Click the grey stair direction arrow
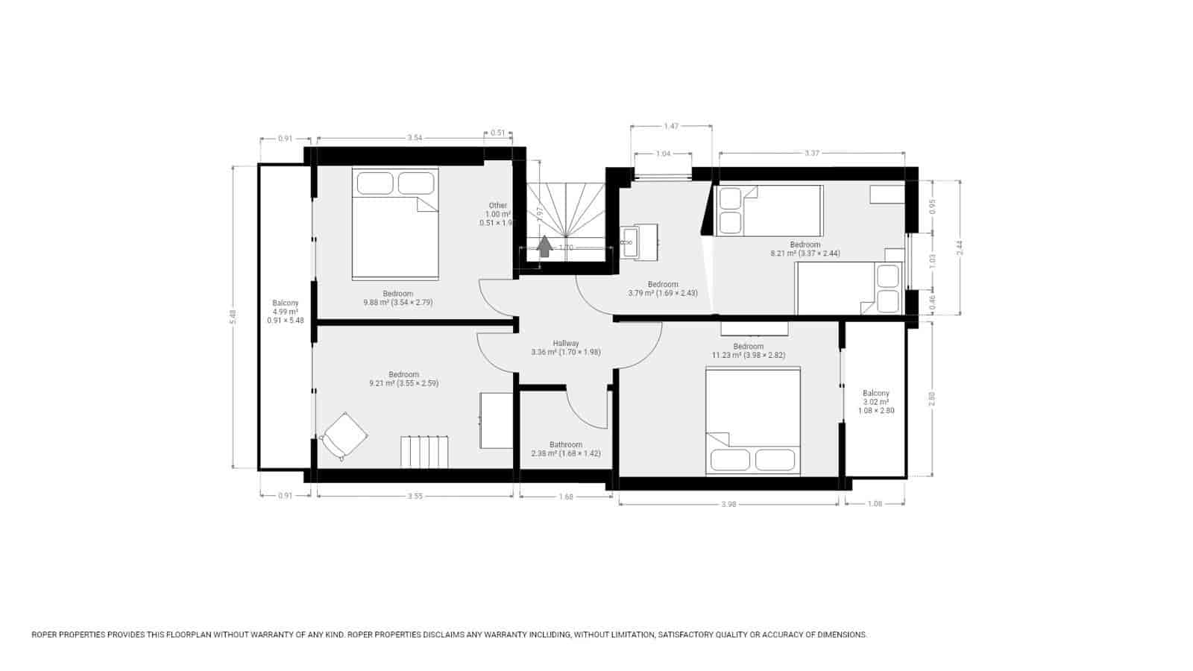point(545,246)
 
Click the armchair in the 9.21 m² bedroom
point(344,435)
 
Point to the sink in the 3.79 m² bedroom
point(628,242)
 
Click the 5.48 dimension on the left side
point(233,317)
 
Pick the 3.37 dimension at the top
point(812,154)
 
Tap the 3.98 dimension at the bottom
point(728,505)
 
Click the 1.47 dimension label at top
point(671,127)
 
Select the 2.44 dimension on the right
point(960,246)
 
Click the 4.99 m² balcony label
point(285,312)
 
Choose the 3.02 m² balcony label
point(876,402)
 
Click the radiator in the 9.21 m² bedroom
point(425,452)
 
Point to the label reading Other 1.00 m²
point(497,214)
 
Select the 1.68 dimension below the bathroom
point(565,497)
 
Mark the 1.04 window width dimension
point(663,154)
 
